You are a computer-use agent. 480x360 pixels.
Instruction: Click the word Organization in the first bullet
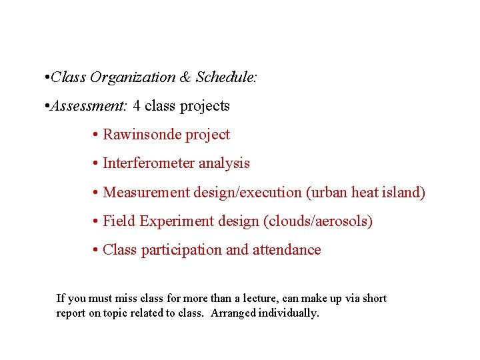coord(133,77)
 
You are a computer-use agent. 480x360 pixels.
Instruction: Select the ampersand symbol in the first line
coord(186,77)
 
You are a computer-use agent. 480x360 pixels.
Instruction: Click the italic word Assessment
coord(89,106)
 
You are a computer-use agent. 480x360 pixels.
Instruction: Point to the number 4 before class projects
coord(137,106)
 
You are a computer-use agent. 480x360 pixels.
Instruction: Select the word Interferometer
coord(153,163)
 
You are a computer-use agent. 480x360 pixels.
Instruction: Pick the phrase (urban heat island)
coord(365,193)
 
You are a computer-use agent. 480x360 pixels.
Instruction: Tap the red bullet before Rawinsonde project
coord(97,135)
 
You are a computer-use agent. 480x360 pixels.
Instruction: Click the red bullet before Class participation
coord(97,250)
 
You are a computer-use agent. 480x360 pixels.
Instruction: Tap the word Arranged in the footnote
coord(233,313)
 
